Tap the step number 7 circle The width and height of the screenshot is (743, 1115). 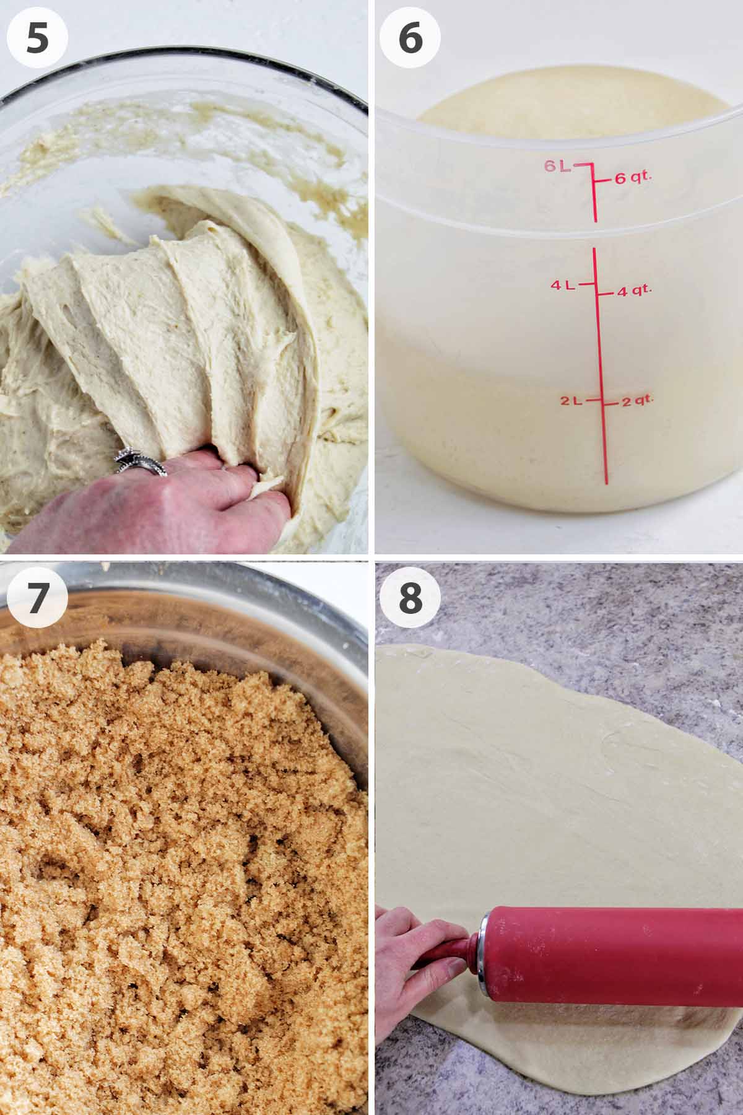point(37,598)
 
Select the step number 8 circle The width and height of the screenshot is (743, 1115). point(410,598)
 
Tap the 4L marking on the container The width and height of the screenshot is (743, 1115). point(563,285)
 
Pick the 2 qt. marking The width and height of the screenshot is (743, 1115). point(637,401)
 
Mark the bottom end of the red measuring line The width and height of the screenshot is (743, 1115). point(606,481)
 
